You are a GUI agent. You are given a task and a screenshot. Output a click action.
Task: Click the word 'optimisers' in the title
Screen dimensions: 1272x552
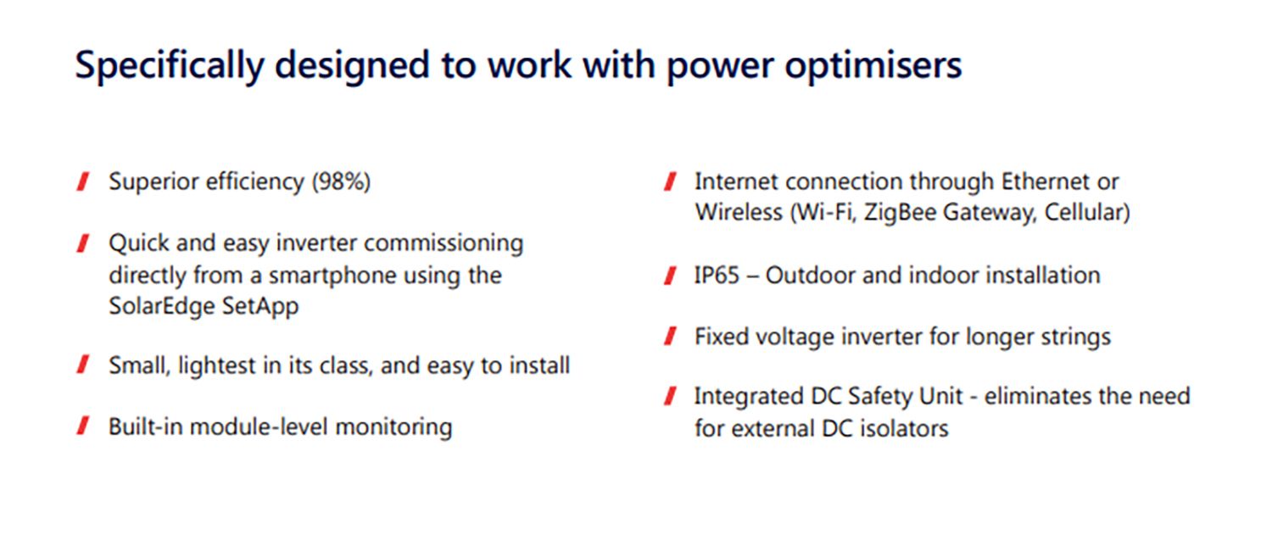point(873,66)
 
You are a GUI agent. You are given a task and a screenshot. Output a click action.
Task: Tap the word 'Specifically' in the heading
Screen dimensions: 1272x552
point(170,66)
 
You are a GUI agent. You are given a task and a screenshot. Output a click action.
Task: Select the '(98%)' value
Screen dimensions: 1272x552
point(341,182)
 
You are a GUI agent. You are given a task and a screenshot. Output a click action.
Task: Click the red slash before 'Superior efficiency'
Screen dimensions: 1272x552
point(83,182)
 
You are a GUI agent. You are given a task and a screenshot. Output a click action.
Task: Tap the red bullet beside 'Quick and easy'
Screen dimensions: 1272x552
point(83,243)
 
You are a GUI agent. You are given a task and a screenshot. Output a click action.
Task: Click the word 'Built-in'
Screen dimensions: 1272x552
point(145,427)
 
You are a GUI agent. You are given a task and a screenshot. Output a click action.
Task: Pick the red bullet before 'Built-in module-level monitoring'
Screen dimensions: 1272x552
point(83,426)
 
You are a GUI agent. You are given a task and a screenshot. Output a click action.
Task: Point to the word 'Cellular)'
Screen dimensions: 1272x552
point(1087,212)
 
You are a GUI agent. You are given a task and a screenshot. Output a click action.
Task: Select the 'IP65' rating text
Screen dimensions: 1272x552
point(717,276)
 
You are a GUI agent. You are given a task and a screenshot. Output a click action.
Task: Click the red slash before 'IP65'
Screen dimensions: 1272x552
point(671,276)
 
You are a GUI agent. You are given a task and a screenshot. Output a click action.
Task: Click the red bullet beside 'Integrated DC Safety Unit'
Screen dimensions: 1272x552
point(671,396)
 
